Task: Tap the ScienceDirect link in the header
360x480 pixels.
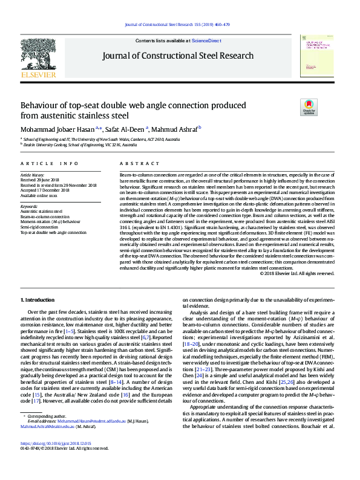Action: pyautogui.click(x=206, y=41)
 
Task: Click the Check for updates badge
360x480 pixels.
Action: pyautogui.click(x=309, y=108)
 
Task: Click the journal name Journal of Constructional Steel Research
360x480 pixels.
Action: pyautogui.click(x=178, y=56)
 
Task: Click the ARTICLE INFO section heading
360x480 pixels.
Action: pyautogui.click(x=50, y=164)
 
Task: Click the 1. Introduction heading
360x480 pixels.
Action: pyautogui.click(x=38, y=300)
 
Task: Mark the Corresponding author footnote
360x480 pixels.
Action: pyautogui.click(x=45, y=433)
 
